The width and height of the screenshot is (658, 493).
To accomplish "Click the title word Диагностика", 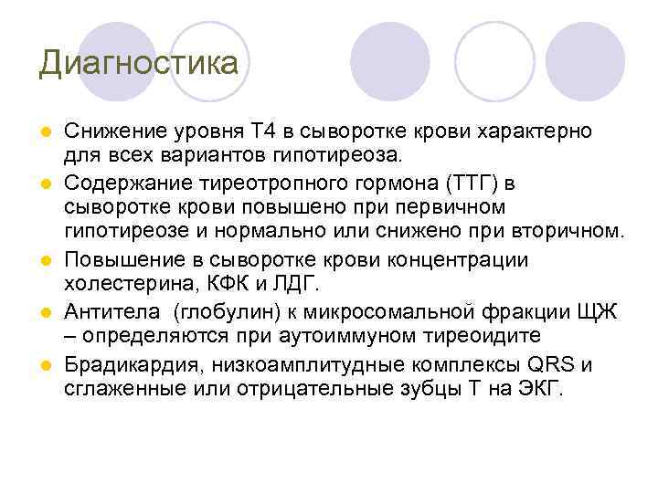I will pos(139,63).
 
